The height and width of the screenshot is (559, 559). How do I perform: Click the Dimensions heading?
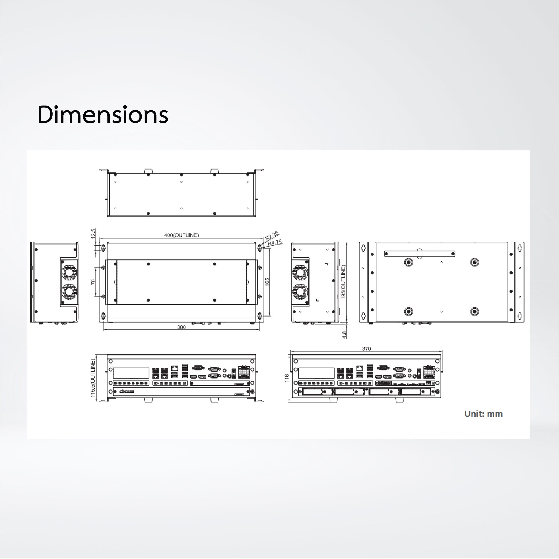point(103,115)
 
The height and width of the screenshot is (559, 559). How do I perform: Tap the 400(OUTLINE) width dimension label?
point(182,235)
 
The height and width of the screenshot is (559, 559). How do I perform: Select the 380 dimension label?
point(182,327)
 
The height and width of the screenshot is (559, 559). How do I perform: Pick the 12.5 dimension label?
point(93,233)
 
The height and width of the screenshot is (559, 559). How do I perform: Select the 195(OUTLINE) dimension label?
point(343,282)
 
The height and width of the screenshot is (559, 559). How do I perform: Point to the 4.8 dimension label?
point(344,335)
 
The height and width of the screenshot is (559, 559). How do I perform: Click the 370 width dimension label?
point(367,349)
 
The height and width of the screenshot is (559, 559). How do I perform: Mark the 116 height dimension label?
point(287,378)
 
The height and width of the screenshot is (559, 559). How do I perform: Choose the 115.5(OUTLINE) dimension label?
point(93,378)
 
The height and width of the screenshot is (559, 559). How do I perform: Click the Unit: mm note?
point(483,414)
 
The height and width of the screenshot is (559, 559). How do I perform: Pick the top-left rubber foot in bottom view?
point(408,262)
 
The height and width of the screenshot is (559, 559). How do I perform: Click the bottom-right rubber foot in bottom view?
point(474,312)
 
